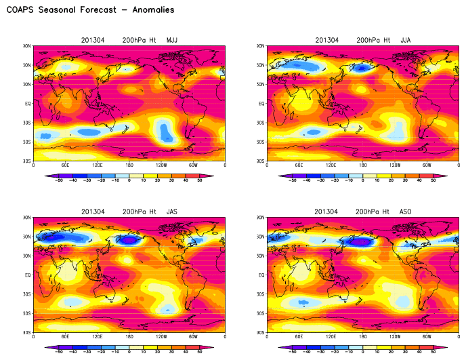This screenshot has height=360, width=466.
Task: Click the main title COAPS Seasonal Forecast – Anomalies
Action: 90,10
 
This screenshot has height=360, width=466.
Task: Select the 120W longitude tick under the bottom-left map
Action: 161,337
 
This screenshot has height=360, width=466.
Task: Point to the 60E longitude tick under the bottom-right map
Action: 299,337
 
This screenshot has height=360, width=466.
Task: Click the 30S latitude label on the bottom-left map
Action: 26,295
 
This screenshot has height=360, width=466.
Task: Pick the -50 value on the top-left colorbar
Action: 60,181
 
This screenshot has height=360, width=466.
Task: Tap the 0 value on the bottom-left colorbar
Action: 129,353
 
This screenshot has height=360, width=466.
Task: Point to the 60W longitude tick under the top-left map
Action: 193,165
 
